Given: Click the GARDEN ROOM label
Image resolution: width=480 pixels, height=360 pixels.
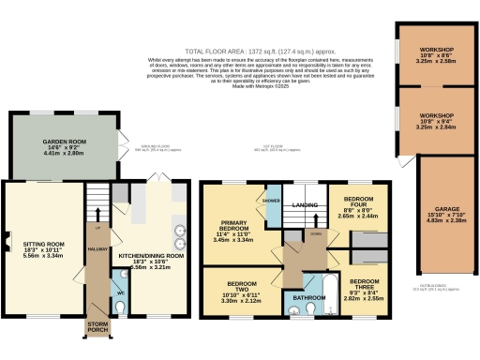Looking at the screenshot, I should pos(64,143).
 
